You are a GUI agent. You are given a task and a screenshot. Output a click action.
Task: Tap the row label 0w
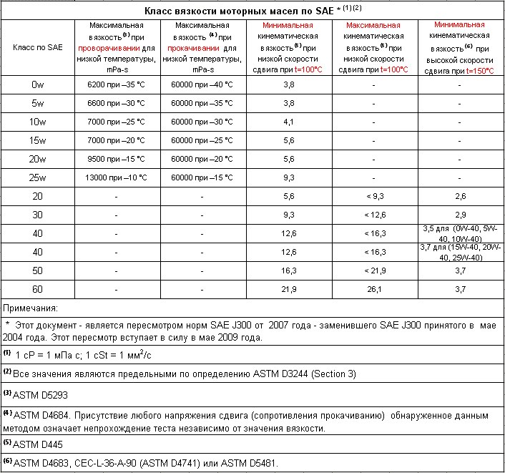tap(37, 84)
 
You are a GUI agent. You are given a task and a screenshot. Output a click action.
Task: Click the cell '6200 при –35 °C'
tap(117, 84)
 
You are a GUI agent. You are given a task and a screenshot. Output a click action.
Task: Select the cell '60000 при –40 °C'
tap(202, 84)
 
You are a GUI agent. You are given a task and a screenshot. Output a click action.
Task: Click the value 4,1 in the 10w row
tap(289, 122)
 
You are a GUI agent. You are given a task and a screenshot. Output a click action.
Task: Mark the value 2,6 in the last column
tap(461, 196)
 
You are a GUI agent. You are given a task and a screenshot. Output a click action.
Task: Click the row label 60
tap(37, 289)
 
